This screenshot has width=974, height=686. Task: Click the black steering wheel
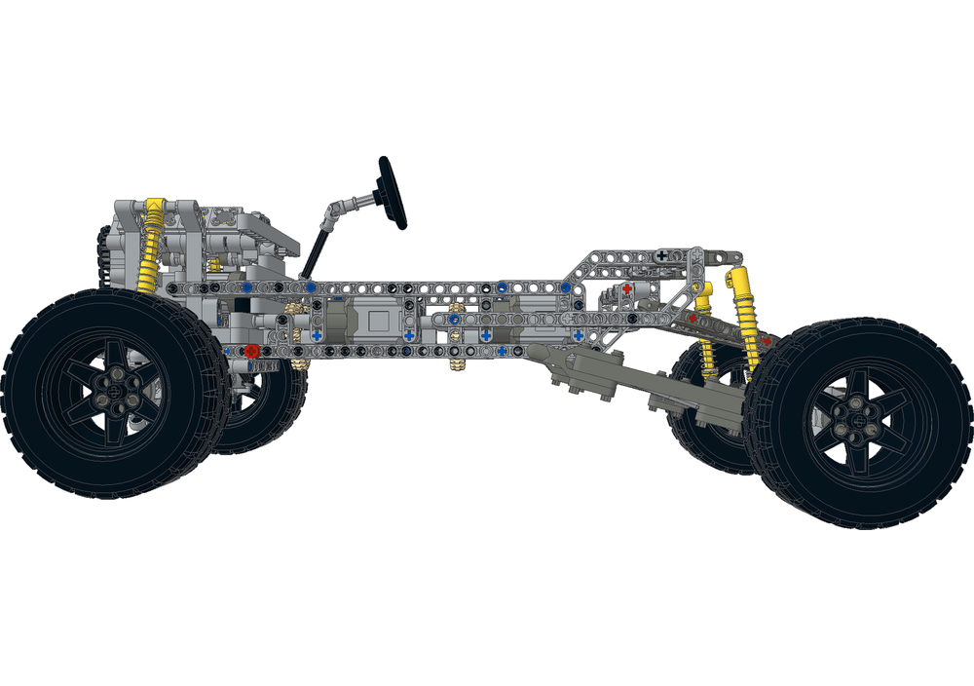tap(393, 192)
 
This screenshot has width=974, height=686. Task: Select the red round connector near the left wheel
tap(251, 351)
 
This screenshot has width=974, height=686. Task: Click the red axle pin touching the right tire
tap(767, 341)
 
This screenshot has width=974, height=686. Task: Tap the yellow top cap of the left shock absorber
tap(153, 206)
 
